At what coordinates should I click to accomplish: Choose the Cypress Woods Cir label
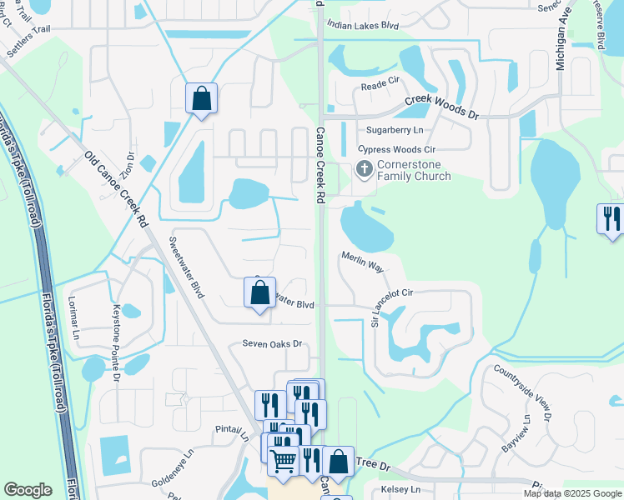tap(397, 149)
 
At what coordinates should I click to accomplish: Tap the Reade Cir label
tap(380, 87)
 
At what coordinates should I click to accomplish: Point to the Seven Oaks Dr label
tap(271, 343)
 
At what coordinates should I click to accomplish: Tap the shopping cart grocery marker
tap(284, 458)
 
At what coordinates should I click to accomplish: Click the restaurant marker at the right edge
tap(612, 218)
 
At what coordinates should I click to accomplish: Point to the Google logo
tap(28, 490)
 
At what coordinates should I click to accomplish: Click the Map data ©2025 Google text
tap(571, 493)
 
